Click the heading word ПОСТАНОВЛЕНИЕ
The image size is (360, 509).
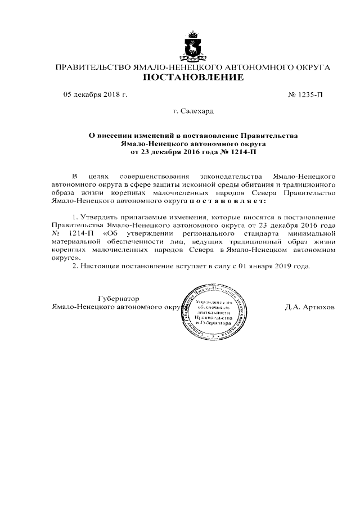pos(192,78)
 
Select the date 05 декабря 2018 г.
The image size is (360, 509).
pos(96,94)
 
